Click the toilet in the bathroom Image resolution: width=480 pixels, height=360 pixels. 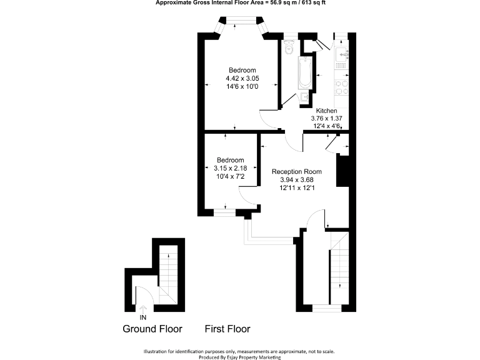coord(289,49)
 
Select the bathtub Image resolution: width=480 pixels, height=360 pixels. coord(305,74)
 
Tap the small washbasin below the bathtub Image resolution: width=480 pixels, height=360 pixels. coord(304,97)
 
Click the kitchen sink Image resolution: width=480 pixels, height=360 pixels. coord(342,56)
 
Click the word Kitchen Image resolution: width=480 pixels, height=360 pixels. coord(326,111)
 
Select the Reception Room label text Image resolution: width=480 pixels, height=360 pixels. coord(296,172)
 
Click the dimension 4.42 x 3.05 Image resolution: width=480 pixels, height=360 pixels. coord(242,78)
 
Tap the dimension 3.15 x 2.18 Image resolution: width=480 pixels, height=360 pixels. coord(231,168)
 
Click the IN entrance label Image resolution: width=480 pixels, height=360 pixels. coord(143,317)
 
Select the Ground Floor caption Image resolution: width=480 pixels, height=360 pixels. coord(152,329)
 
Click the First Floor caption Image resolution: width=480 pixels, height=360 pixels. coord(227,329)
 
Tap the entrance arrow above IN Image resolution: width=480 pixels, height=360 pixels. coord(143,309)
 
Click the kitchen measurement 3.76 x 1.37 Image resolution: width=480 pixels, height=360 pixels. coord(326,118)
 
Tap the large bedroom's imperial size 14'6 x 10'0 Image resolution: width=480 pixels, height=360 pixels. coord(242,86)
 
